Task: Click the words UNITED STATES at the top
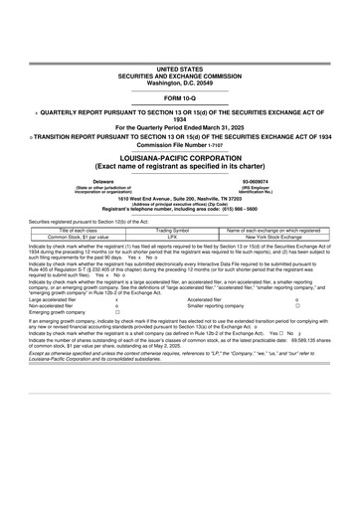pos(180,69)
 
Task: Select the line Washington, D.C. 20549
pos(180,82)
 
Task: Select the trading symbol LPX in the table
pos(173,237)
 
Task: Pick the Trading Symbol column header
pos(173,230)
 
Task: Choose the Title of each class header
pos(72,230)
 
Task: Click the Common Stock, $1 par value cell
pos(72,237)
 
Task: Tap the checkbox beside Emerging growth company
pos(117,340)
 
